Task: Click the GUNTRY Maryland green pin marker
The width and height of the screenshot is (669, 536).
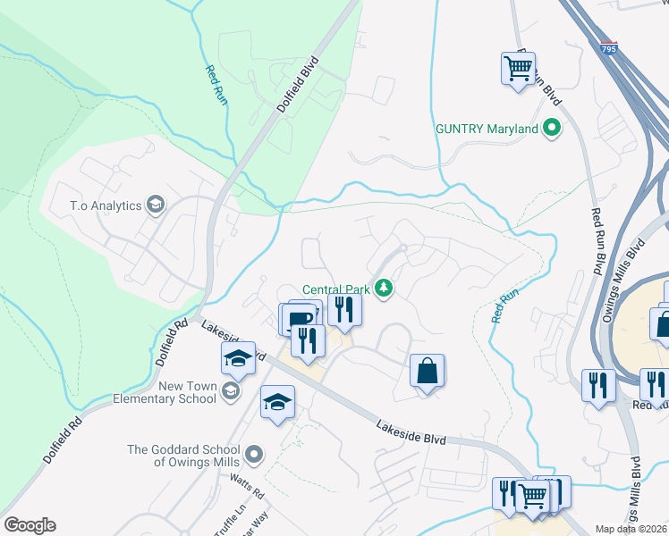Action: (x=552, y=129)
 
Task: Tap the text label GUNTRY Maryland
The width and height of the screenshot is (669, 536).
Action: (x=487, y=129)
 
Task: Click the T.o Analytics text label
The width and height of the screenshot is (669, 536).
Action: (x=106, y=205)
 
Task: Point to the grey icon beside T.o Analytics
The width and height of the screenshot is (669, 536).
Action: (x=156, y=205)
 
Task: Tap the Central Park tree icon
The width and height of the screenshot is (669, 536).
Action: (x=384, y=288)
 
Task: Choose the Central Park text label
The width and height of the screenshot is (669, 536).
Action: (x=335, y=289)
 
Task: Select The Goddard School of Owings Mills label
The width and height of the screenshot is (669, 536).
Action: (x=183, y=456)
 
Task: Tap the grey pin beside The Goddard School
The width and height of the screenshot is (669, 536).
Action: (x=254, y=456)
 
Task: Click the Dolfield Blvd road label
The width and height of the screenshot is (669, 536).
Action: (x=298, y=86)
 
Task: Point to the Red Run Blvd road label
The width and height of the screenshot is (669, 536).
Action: (x=597, y=241)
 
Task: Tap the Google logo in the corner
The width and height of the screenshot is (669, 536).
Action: (x=30, y=525)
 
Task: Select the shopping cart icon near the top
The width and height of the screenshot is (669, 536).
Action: (x=519, y=67)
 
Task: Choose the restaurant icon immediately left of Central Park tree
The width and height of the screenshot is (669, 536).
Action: (x=344, y=309)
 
